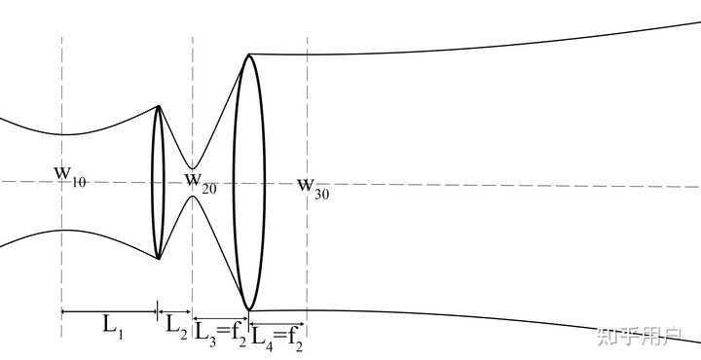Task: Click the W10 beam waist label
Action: pyautogui.click(x=70, y=176)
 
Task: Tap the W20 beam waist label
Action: pyautogui.click(x=201, y=183)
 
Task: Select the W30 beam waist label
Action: pyautogui.click(x=314, y=188)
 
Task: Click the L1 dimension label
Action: pyautogui.click(x=113, y=326)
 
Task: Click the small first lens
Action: pyautogui.click(x=158, y=182)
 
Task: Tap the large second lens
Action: pyautogui.click(x=249, y=182)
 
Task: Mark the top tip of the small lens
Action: pyautogui.click(x=159, y=106)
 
